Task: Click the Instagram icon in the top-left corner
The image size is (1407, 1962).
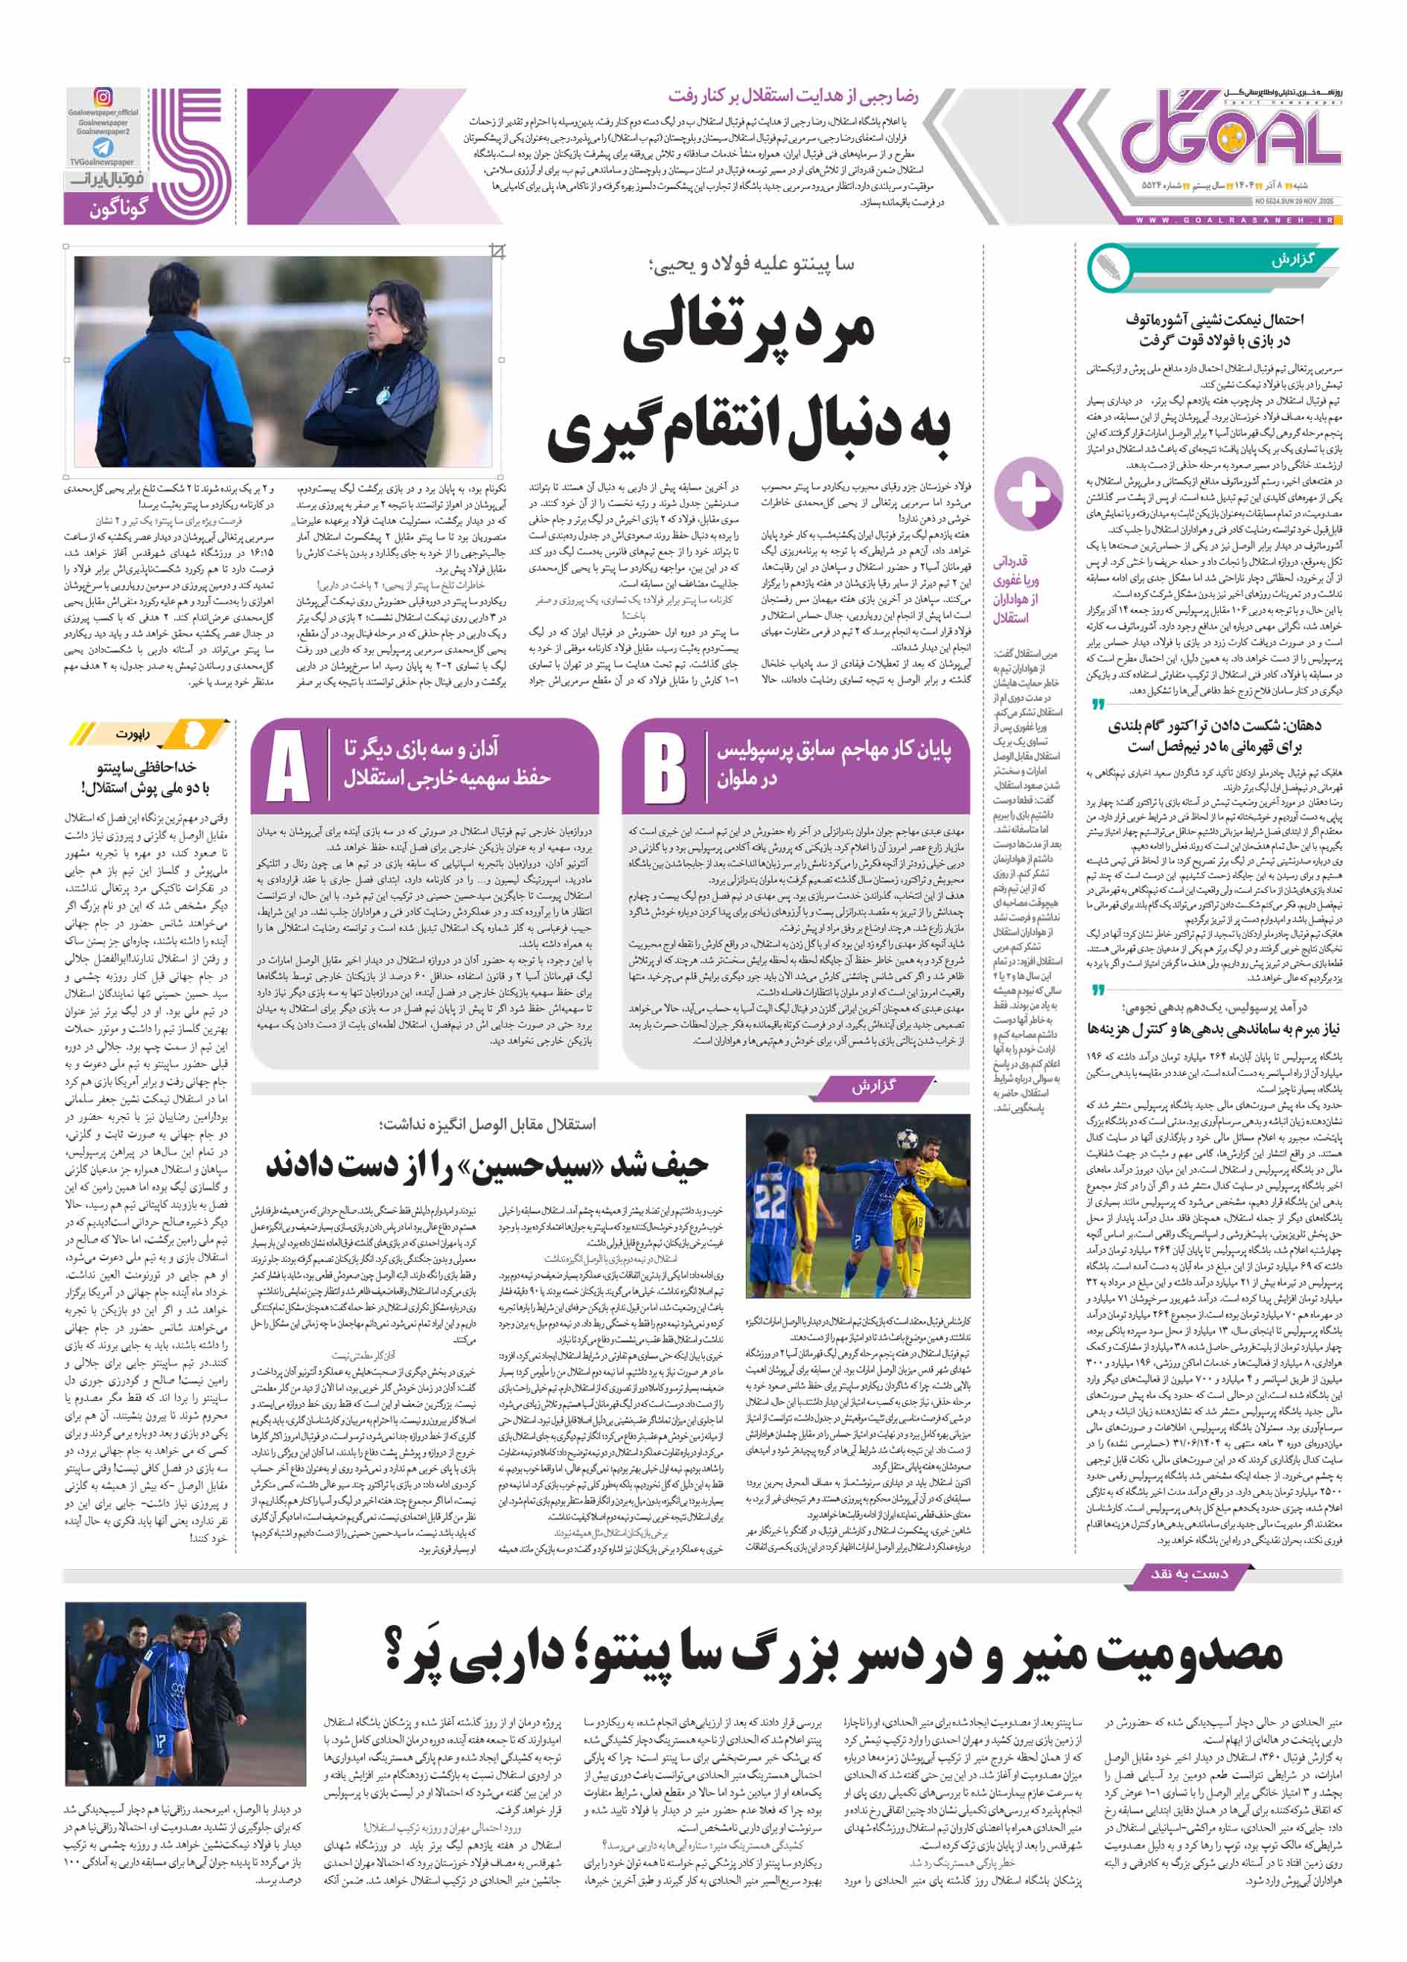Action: tap(103, 97)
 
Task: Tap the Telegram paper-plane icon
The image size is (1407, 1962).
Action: tap(103, 147)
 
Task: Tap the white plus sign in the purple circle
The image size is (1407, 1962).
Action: tap(1028, 493)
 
